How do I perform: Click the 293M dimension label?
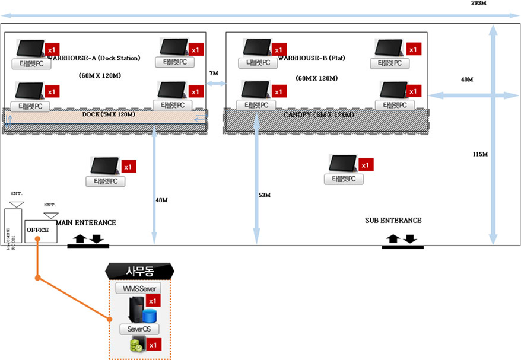(479, 4)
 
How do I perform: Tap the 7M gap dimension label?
(214, 73)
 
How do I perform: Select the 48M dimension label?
(161, 200)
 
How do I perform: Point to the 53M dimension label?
(264, 195)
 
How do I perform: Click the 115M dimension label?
(480, 154)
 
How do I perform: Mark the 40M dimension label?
(467, 79)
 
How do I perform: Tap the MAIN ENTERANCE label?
(86, 222)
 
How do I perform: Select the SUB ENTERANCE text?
(393, 220)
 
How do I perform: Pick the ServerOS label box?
(139, 329)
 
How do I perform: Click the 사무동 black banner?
(140, 272)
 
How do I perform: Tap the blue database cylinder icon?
(148, 315)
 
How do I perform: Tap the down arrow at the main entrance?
(97, 239)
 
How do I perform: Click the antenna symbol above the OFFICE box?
(51, 214)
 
